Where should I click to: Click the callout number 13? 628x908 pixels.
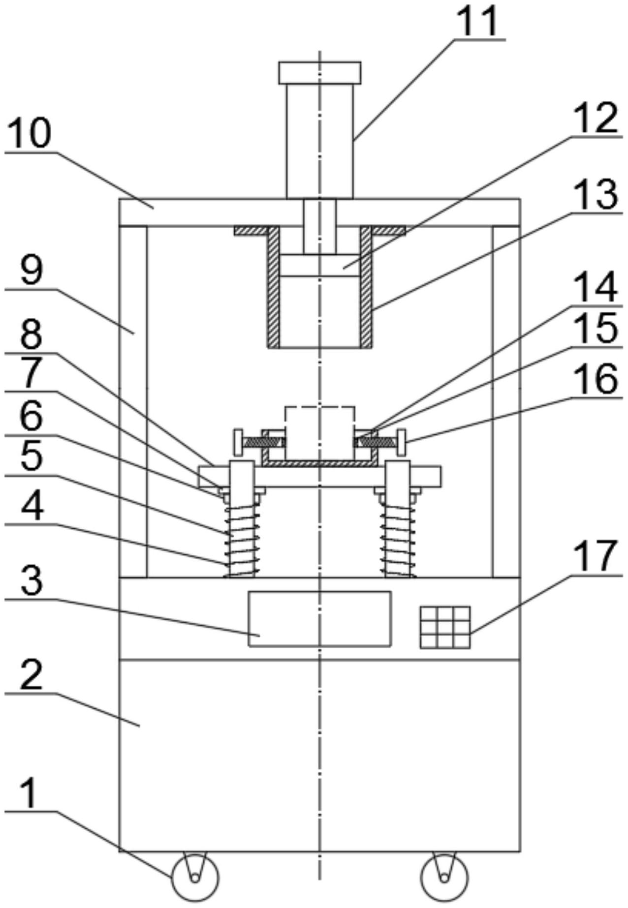(597, 194)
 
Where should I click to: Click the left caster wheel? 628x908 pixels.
(194, 877)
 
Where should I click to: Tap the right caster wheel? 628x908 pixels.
(444, 877)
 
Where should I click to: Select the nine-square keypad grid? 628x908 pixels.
(445, 627)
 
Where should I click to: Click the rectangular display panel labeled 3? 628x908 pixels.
(319, 619)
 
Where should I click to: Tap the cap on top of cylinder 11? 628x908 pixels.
(319, 72)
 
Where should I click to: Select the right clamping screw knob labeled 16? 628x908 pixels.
(403, 442)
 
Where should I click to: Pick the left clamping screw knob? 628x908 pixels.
(238, 442)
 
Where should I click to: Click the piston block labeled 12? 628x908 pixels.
(319, 266)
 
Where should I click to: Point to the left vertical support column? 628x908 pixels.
(133, 401)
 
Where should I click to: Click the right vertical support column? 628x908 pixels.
(506, 401)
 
